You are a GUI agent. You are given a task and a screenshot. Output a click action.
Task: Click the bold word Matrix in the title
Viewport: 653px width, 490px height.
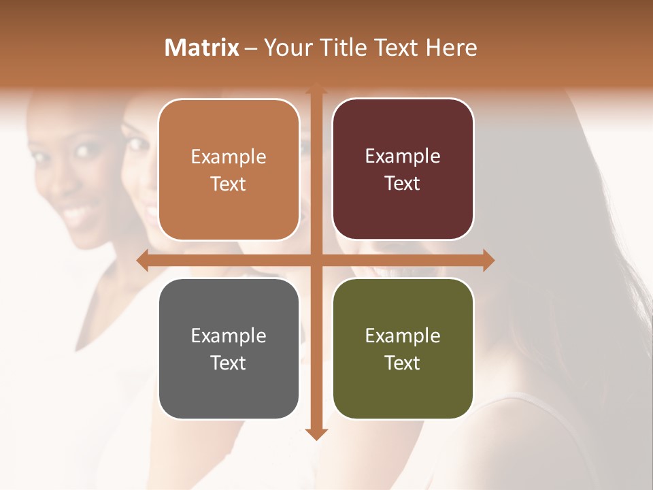[x=202, y=48]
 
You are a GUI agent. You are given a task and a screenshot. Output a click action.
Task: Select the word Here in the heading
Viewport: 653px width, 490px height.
[x=452, y=48]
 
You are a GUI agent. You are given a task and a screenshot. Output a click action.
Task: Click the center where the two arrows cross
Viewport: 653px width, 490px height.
[x=316, y=260]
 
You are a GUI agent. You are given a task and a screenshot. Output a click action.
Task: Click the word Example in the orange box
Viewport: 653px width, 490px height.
[x=229, y=157]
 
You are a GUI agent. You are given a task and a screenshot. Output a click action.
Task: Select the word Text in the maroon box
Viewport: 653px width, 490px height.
[x=403, y=183]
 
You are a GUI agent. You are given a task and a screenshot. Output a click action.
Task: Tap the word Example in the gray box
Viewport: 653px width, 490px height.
[x=229, y=336]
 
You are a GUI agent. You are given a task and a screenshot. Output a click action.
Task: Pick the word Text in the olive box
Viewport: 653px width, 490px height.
[x=403, y=363]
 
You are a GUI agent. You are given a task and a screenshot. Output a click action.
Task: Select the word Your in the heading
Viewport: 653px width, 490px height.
[x=286, y=48]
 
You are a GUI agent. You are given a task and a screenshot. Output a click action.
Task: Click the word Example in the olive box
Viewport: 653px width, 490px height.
[x=403, y=336]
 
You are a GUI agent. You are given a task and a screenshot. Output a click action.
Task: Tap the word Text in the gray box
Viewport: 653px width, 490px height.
[x=229, y=363]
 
